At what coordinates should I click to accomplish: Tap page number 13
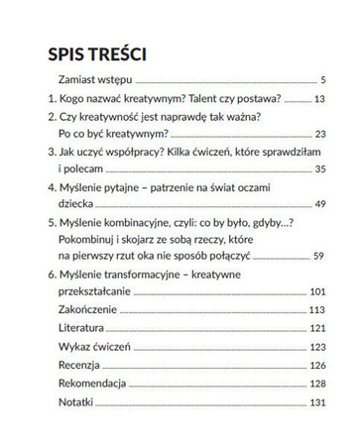(x=318, y=99)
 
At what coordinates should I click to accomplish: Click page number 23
(x=318, y=136)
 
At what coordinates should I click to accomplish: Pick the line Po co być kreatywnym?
(x=112, y=135)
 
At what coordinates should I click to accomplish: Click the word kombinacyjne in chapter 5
(x=143, y=227)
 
